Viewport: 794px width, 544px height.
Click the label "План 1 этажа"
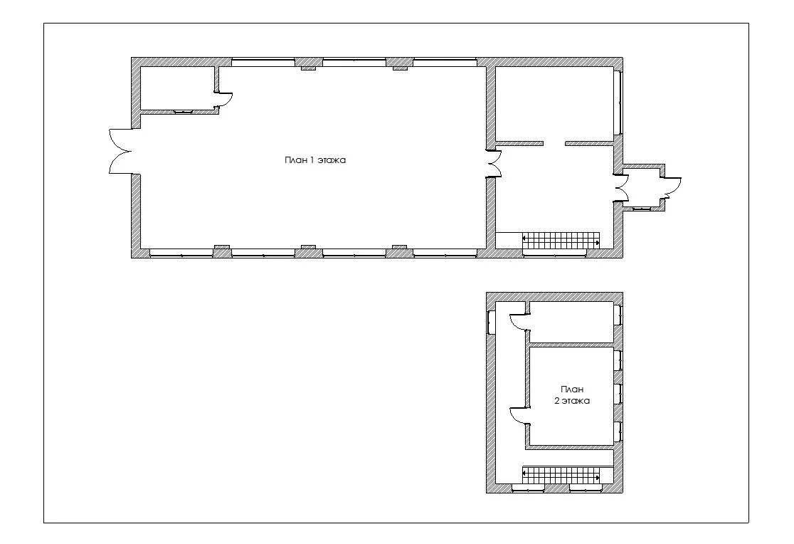[315, 160]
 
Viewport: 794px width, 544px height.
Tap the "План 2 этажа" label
[572, 395]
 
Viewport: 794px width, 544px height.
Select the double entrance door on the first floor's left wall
[121, 152]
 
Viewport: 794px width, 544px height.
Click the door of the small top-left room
[224, 100]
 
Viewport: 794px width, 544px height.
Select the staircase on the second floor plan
[561, 475]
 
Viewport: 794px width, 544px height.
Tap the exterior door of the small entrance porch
[672, 187]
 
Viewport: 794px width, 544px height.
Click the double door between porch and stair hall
[621, 188]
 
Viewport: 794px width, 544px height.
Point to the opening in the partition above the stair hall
[554, 144]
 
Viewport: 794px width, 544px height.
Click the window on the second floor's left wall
[491, 321]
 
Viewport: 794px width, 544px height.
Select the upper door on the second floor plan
[519, 322]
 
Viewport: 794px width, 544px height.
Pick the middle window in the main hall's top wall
[354, 63]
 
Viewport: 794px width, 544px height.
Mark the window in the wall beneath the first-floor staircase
[554, 253]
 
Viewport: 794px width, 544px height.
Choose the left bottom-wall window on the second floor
[528, 488]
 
